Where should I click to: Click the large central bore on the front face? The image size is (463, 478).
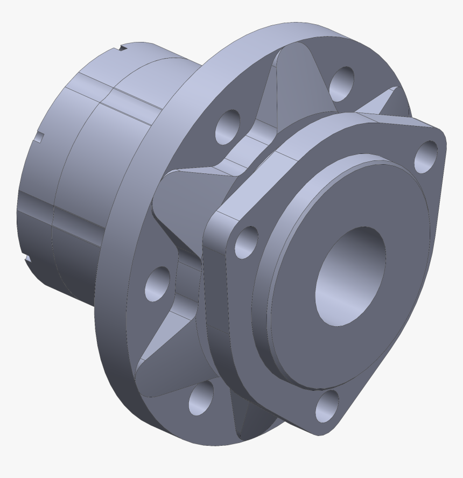point(350,276)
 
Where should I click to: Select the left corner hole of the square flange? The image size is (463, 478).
point(246,242)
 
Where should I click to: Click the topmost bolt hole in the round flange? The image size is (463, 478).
point(341,83)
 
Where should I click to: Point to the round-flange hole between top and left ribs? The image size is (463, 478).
point(228,127)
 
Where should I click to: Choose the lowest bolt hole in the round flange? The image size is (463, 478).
point(200,399)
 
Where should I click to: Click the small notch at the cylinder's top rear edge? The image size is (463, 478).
point(124,48)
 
